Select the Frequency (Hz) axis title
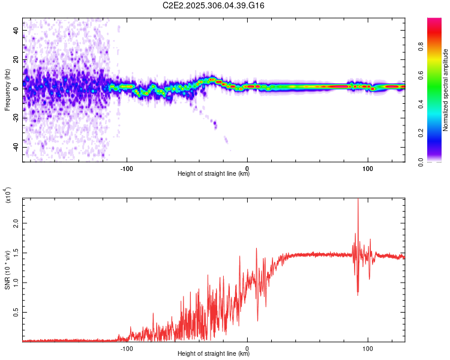pos(7,90)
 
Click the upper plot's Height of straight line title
pos(214,174)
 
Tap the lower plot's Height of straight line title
pos(214,353)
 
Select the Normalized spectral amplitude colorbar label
pos(446,90)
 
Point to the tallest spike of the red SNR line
pos(358,200)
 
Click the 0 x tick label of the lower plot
pos(247,347)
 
